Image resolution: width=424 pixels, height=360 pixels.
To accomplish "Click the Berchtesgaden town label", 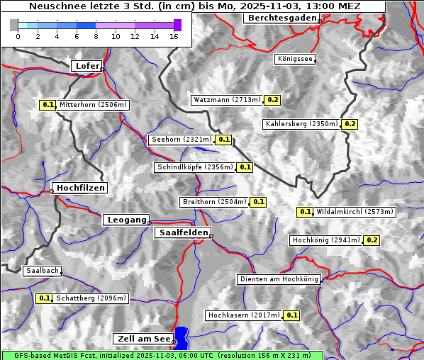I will pyautogui.click(x=281, y=18).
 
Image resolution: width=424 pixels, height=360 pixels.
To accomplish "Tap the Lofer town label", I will pyautogui.click(x=87, y=66).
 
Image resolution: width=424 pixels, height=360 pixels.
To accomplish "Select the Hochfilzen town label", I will pyautogui.click(x=81, y=188).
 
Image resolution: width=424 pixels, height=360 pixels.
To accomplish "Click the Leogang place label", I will pyautogui.click(x=127, y=220).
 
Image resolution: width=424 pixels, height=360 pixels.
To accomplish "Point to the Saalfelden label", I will pyautogui.click(x=183, y=232).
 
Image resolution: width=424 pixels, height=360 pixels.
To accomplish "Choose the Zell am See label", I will pyautogui.click(x=143, y=339).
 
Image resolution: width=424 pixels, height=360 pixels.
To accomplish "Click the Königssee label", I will pyautogui.click(x=295, y=60).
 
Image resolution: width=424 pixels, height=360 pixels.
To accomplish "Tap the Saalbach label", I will pyautogui.click(x=42, y=271).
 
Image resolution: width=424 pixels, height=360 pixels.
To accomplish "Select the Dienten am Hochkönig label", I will pyautogui.click(x=279, y=279).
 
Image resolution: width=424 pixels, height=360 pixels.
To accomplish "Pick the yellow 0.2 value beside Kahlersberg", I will pyautogui.click(x=350, y=124).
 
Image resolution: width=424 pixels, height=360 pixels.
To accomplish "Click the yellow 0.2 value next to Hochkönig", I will pyautogui.click(x=372, y=240).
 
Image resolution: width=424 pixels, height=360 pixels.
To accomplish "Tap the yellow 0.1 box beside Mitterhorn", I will pyautogui.click(x=48, y=105).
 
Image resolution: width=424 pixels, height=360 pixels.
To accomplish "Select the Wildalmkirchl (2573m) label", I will pyautogui.click(x=355, y=212).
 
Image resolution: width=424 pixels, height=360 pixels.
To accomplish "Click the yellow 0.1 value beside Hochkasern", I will pyautogui.click(x=291, y=315).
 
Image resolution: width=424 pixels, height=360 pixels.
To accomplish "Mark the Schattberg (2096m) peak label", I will pyautogui.click(x=91, y=298).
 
